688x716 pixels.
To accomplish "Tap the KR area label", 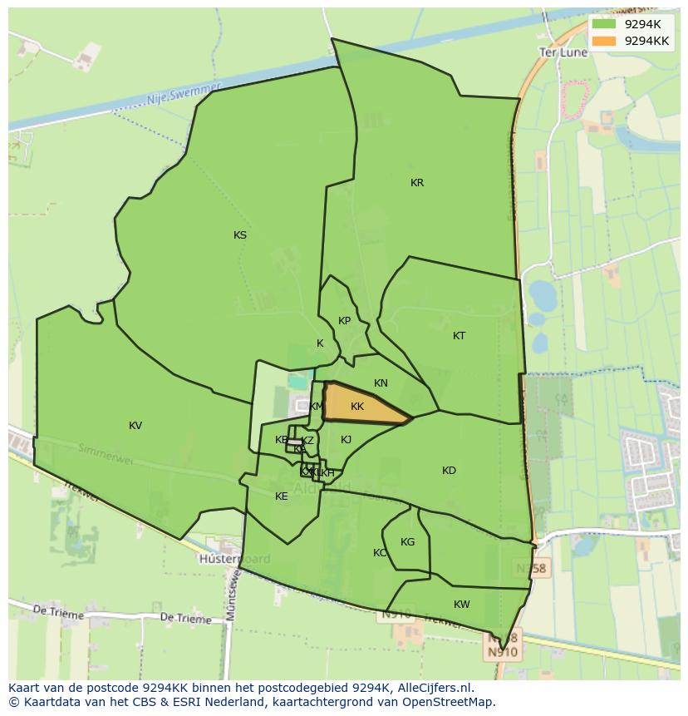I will [x=417, y=183].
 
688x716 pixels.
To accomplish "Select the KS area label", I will [x=240, y=235].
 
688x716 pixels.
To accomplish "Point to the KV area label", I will [x=135, y=426].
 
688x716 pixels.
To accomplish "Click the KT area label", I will [x=459, y=336].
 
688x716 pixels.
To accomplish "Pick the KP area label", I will [x=344, y=321].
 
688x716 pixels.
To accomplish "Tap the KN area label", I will [x=381, y=383].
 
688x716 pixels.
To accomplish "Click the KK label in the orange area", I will [x=357, y=407].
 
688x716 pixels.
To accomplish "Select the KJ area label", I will [x=346, y=440].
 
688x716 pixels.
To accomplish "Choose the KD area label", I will [x=449, y=471].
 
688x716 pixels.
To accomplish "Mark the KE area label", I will [x=282, y=496].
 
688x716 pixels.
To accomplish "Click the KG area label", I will [x=407, y=542].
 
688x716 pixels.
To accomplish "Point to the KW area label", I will [x=462, y=605].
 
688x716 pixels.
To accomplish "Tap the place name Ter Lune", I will [x=563, y=52].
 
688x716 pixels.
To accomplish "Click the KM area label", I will [x=317, y=407].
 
